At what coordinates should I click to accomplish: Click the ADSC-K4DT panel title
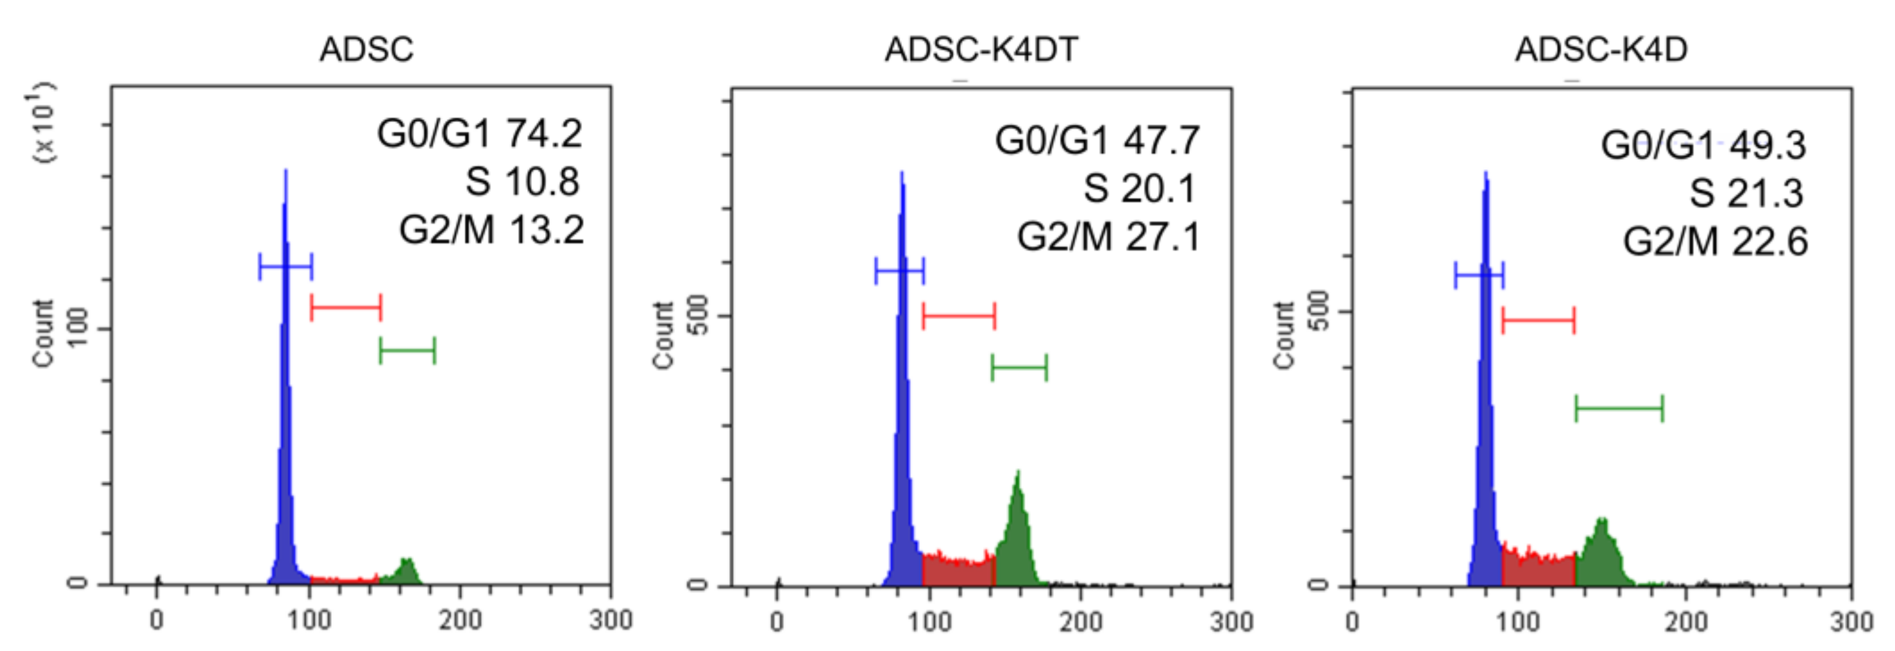[981, 50]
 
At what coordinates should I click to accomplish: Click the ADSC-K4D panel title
[1601, 50]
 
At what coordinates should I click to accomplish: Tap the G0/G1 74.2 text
[479, 134]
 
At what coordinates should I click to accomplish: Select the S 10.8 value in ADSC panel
[522, 182]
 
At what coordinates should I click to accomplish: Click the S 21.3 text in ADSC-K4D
[1745, 194]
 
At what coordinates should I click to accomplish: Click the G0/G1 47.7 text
[1097, 141]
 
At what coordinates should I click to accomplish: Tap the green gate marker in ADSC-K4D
[1619, 408]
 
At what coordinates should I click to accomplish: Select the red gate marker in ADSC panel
[346, 307]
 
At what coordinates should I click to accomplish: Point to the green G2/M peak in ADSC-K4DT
[1017, 537]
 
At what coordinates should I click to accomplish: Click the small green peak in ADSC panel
[404, 572]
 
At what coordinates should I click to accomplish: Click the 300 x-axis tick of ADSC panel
[610, 620]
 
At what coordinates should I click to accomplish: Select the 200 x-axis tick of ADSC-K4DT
[1080, 622]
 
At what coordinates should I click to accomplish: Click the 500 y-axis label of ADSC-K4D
[1321, 311]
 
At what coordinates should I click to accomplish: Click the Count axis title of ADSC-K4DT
[663, 335]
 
